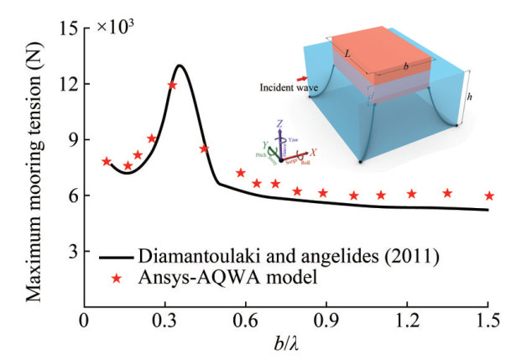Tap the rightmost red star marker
click(489, 196)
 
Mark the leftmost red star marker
click(107, 161)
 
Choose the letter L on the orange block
click(346, 52)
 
